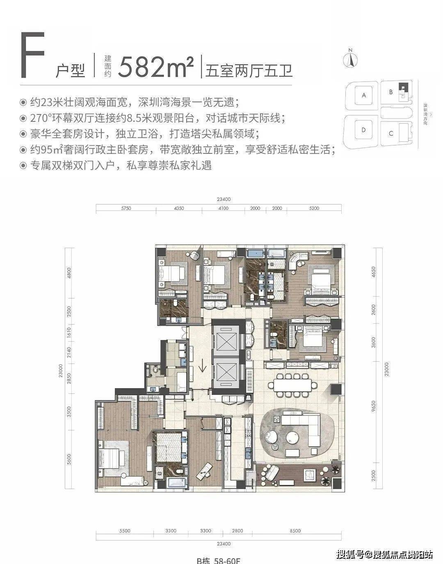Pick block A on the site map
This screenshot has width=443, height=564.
coord(363,95)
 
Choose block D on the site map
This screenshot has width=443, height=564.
coord(363,130)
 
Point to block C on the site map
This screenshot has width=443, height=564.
coord(391,133)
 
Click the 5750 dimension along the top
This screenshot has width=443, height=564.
coord(126,208)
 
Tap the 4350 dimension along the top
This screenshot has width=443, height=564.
coord(179,208)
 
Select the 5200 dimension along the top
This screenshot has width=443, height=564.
coord(314,208)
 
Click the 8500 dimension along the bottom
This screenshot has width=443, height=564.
coord(295,531)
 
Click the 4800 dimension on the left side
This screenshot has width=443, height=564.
coord(69,272)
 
